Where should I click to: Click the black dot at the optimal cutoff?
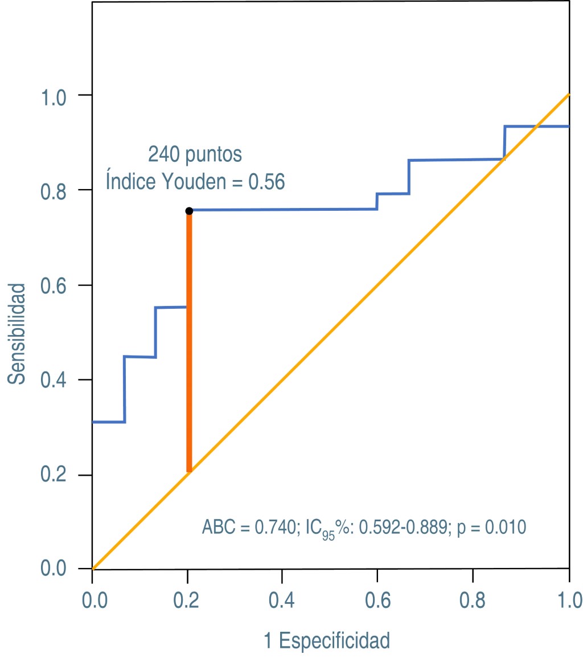[189, 211]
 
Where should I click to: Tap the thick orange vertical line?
[189, 342]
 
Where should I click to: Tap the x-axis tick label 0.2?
[187, 600]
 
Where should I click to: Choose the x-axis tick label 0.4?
[282, 600]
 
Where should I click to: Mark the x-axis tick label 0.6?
[377, 600]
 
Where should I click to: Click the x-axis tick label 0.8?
[473, 600]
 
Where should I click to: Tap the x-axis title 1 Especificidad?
[327, 641]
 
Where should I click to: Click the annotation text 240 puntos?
[195, 154]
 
